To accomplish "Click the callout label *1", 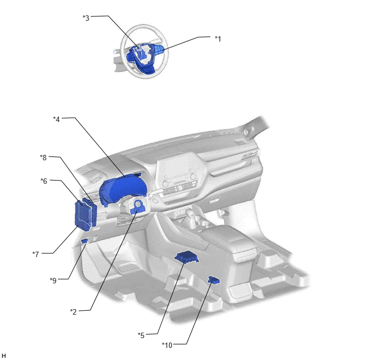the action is (x=218, y=39).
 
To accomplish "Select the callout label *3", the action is (x=86, y=18).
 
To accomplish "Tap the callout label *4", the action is (x=56, y=119).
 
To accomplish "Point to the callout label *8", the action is (x=43, y=158).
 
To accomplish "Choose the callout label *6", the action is (x=44, y=181).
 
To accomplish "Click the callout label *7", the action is (x=36, y=254).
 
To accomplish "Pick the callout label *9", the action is (x=53, y=280).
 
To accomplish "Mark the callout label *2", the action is (x=73, y=312).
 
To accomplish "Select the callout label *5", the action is (x=141, y=335).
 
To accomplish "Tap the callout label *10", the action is (x=167, y=345).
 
